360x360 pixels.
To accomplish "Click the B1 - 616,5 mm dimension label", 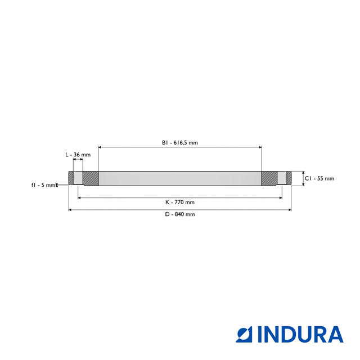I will coord(180,143).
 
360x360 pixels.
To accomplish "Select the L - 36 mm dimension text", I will coord(78,154).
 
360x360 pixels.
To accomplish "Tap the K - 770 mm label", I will coord(180,202).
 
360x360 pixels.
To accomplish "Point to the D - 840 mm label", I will coord(180,214).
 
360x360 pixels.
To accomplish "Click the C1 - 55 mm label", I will coord(319,178).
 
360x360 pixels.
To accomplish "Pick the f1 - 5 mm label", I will coord(43,184).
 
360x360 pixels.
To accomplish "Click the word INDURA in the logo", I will coord(300,334).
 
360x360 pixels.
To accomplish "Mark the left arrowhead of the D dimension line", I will coord(70,210).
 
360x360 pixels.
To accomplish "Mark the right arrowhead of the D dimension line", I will coord(290,210).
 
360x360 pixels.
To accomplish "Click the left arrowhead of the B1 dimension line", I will coord(100,147).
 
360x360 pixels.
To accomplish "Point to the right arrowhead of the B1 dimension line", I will coord(260,147).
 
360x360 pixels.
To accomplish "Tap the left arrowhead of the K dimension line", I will coord(79,197).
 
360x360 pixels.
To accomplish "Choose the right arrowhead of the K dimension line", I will coord(281,197).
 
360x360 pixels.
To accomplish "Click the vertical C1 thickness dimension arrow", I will coord(303,178).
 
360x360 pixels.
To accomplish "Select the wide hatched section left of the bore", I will coord(91,179).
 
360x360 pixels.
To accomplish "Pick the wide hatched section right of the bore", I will coord(269,179).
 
